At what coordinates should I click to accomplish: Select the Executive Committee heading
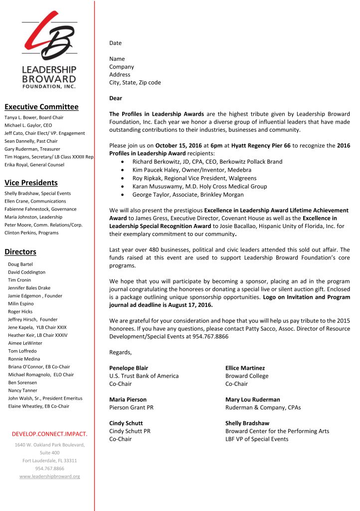pos(41,107)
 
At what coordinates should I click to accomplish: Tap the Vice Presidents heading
pos(31,183)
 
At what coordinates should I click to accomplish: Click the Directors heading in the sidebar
pos(20,252)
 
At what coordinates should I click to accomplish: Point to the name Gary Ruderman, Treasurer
pos(32,149)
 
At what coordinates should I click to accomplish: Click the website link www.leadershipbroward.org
pos(49,477)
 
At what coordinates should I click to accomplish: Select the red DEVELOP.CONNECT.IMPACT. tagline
pos(49,434)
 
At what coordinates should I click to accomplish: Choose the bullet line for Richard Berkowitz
pos(207,162)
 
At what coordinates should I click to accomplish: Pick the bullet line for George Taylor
pos(187,195)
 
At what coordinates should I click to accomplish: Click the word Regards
pos(121,352)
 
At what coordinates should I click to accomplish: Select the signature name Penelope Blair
pos(128,368)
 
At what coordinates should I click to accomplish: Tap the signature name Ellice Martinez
pos(245,368)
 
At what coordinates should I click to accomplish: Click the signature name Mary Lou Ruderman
pos(252,400)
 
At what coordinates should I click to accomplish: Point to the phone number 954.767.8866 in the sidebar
pos(49,469)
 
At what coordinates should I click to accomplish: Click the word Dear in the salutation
pos(116,98)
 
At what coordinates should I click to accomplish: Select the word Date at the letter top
pos(115,43)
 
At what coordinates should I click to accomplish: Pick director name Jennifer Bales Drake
pos(29,288)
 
